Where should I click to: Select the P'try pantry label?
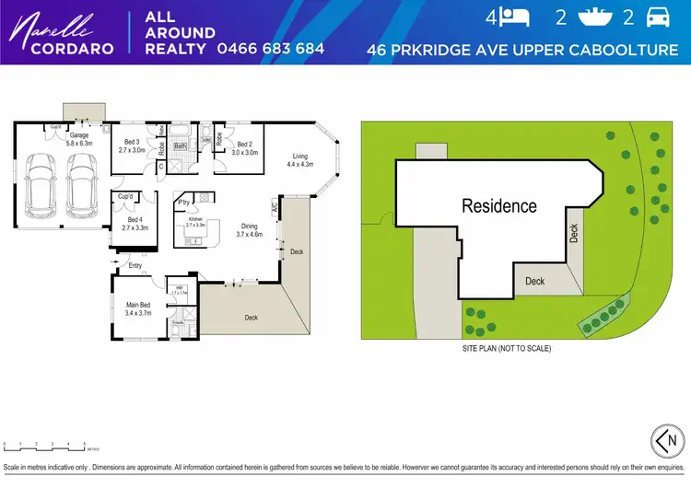pos(184,202)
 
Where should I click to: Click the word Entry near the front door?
pos(135,266)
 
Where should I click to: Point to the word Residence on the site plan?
pos(498,206)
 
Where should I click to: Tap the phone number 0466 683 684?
pos(270,48)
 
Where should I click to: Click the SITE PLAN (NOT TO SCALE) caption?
pos(506,349)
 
